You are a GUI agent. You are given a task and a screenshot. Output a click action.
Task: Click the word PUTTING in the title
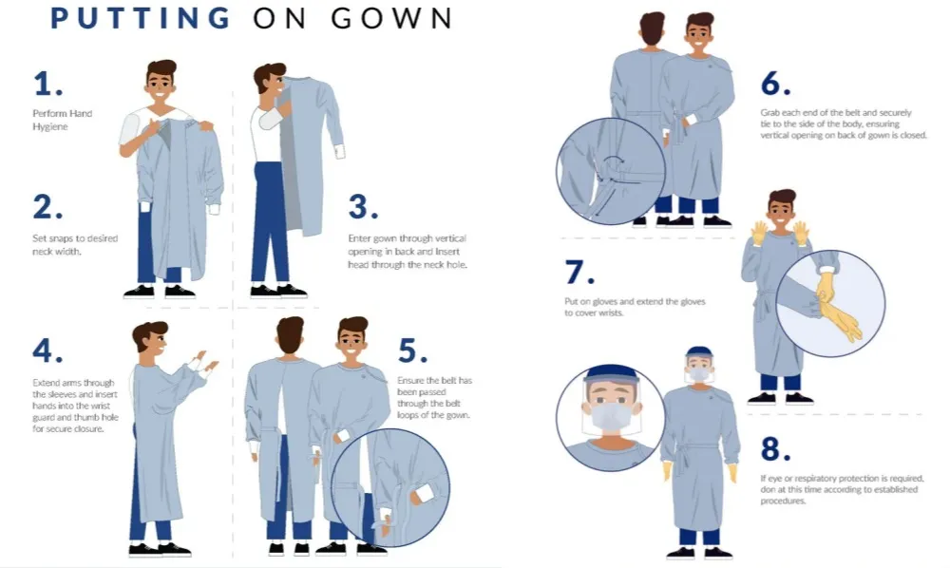141,18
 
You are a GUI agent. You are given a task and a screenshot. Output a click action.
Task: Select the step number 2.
47,206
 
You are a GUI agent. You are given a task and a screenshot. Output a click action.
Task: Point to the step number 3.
364,206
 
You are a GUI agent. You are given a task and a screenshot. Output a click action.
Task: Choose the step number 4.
47,350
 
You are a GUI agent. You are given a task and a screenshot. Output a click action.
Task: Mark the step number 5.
413,350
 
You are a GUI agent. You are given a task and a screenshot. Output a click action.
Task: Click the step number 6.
775,85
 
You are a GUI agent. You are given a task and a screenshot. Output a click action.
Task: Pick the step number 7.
579,273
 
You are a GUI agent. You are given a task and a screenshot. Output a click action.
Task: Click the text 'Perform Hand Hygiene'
62,120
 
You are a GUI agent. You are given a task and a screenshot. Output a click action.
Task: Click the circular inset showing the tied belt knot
611,171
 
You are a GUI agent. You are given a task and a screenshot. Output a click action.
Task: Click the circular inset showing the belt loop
400,486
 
